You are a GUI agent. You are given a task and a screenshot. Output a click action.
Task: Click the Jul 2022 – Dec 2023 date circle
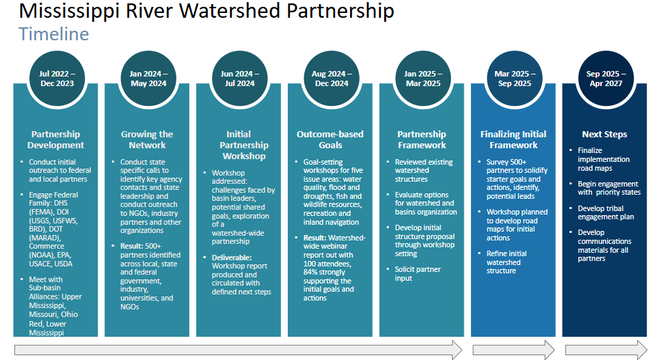57,79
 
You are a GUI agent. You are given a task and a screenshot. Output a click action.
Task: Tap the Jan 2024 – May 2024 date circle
148,79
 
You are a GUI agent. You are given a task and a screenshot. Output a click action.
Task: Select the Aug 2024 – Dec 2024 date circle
330,79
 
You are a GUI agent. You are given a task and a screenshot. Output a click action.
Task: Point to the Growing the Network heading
147,139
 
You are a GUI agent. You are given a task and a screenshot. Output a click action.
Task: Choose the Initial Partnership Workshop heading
239,145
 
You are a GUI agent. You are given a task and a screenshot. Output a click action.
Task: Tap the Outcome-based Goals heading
330,139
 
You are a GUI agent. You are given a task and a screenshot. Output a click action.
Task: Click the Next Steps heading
604,135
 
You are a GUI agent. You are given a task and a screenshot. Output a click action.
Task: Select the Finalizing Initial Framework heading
513,139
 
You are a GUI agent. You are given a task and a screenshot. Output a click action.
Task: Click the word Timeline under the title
54,33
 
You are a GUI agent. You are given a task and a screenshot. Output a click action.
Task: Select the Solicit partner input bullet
418,273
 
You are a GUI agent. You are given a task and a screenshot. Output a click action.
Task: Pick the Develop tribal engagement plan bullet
606,212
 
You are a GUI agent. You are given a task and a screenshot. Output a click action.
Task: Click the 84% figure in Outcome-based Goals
312,272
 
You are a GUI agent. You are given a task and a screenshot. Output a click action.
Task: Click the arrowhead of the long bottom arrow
455,350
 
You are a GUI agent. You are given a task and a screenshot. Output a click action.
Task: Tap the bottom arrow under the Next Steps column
604,350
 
